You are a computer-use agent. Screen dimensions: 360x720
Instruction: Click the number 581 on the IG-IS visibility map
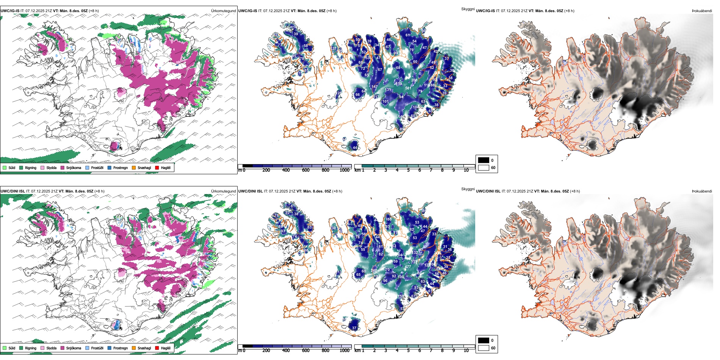click(408, 88)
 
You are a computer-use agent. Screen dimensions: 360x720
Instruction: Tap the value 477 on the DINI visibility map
click(408, 267)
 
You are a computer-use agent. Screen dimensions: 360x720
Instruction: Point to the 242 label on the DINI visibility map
click(374, 271)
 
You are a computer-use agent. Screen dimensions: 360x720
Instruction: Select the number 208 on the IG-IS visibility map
click(414, 80)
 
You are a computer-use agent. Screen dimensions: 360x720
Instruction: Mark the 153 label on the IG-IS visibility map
click(399, 84)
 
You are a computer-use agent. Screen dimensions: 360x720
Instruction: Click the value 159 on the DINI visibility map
click(401, 296)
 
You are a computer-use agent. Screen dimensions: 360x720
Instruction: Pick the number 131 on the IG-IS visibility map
click(388, 90)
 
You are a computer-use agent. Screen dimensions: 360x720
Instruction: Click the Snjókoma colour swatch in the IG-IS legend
click(63, 167)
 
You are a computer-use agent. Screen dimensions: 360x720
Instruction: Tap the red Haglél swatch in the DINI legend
click(157, 348)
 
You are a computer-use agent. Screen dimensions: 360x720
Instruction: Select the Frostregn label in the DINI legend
click(121, 348)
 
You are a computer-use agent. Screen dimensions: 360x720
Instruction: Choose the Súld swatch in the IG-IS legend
click(5, 167)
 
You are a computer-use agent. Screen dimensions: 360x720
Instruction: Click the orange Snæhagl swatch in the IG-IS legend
click(134, 167)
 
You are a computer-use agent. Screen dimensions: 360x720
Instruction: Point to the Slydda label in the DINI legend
click(52, 348)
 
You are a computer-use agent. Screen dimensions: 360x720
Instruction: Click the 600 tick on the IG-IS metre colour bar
click(306, 170)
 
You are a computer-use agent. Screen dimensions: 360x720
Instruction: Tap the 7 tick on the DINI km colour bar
click(431, 351)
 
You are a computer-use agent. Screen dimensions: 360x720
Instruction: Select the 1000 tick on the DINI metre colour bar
click(344, 351)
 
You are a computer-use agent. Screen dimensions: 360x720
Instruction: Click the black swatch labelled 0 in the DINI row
click(484, 340)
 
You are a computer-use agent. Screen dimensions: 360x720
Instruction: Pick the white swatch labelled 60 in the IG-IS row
click(484, 167)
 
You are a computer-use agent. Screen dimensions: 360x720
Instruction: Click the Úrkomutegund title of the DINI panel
click(223, 191)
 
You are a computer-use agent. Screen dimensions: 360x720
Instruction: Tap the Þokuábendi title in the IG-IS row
click(702, 11)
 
